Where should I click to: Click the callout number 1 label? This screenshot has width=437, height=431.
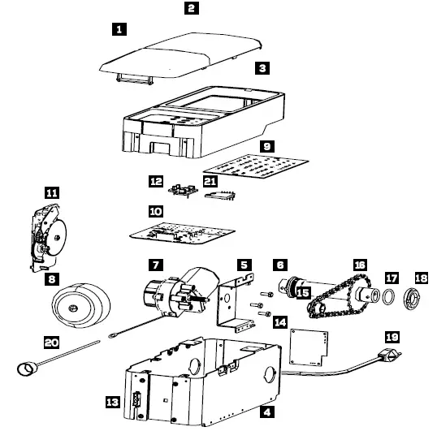click(119, 29)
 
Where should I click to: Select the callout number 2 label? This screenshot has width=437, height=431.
click(191, 9)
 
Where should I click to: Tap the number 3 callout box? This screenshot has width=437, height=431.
click(262, 70)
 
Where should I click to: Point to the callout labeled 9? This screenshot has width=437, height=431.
click(266, 146)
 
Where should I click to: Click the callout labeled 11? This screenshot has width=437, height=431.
click(52, 193)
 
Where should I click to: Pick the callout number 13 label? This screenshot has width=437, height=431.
click(113, 401)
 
